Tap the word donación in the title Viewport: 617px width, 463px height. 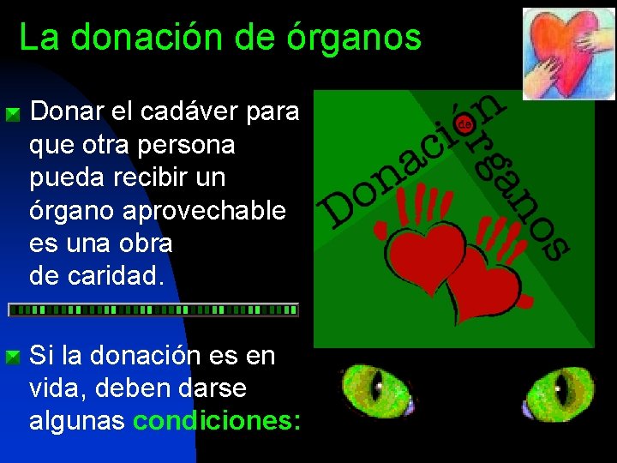coord(157,38)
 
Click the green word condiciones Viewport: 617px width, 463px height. coord(217,421)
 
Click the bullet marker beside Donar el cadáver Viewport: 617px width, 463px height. coord(13,113)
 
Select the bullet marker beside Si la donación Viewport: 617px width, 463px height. coord(13,356)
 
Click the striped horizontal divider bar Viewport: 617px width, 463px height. coord(153,310)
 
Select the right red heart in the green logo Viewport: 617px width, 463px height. coord(482,284)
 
